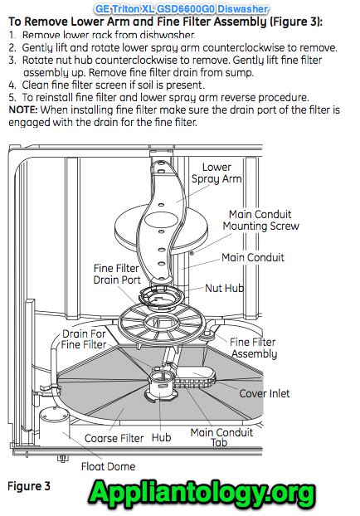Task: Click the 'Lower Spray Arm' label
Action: [x=216, y=173]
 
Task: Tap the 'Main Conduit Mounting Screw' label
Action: [x=260, y=220]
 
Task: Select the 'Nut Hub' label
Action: [x=224, y=288]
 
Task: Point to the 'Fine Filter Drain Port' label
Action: [x=116, y=274]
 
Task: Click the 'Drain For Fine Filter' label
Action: [x=84, y=339]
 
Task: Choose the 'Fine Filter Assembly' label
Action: [x=253, y=348]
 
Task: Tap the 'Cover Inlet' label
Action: [x=265, y=393]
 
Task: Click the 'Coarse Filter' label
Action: [x=114, y=438]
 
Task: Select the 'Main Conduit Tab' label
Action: [x=221, y=437]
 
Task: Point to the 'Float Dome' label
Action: [x=108, y=466]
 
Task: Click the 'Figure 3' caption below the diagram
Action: [x=29, y=486]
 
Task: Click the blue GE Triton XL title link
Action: [x=182, y=8]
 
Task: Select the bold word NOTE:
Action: [x=23, y=110]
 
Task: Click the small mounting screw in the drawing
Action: [x=192, y=253]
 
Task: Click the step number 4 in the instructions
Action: [x=12, y=85]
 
